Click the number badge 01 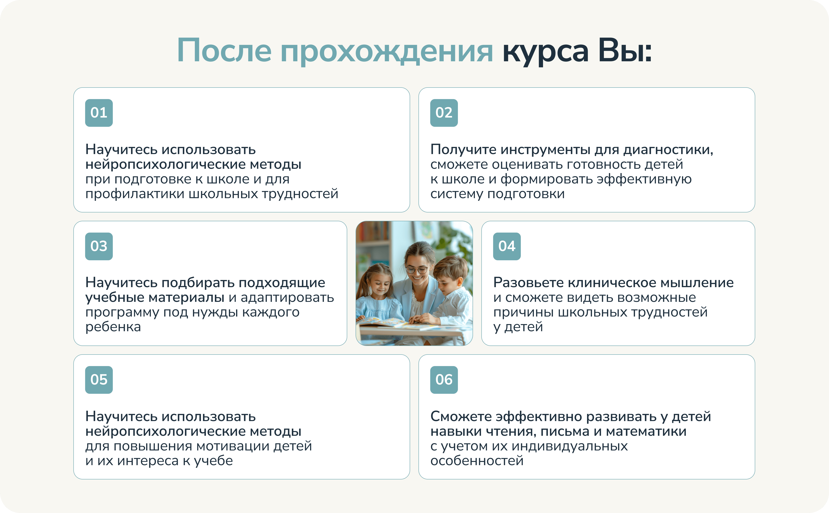pos(99,113)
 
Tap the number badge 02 pos(444,113)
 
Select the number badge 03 pos(99,246)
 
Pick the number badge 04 pos(507,246)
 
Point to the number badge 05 pos(99,380)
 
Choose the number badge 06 pos(444,380)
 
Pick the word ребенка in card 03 pos(113,327)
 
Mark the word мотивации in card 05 pos(233,446)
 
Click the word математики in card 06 pos(646,432)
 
